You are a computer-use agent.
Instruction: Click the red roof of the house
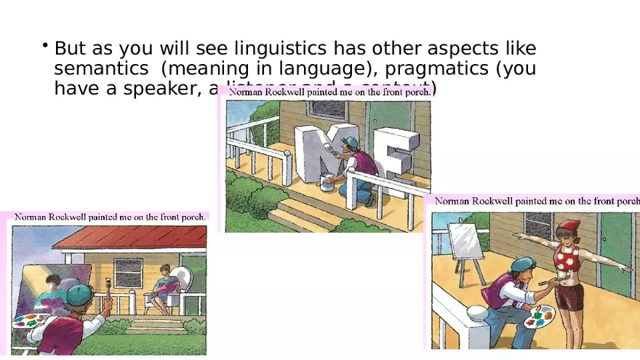coord(131,237)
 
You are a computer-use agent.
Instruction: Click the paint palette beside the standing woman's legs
coord(539,316)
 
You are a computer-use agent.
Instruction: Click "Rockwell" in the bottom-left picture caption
coord(79,216)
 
